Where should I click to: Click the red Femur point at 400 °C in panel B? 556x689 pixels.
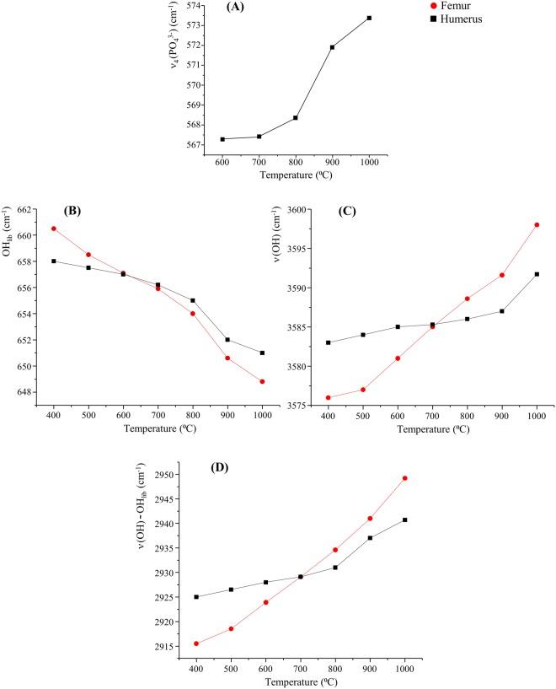pyautogui.click(x=54, y=229)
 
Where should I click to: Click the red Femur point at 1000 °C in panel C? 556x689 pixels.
pyautogui.click(x=537, y=224)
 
